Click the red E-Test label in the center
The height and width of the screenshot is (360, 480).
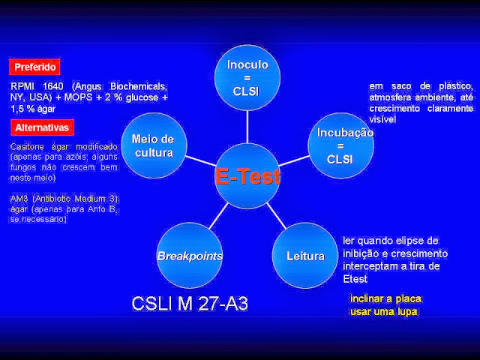(247, 176)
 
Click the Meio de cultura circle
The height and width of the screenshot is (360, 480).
(152, 145)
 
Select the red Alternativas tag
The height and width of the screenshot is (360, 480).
(42, 127)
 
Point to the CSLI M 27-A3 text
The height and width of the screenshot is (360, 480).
(189, 304)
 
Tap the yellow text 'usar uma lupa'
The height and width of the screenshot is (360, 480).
(383, 311)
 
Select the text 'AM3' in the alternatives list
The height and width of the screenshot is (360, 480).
(19, 198)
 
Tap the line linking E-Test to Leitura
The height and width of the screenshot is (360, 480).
(275, 215)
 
